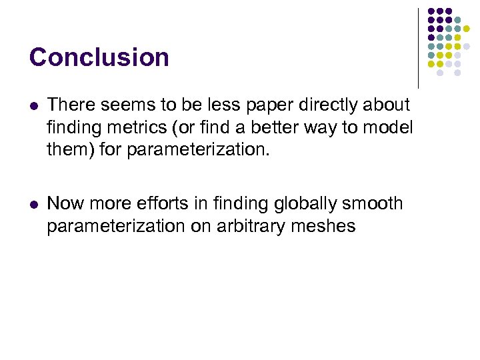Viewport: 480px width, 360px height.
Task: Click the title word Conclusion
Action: click(x=99, y=57)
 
